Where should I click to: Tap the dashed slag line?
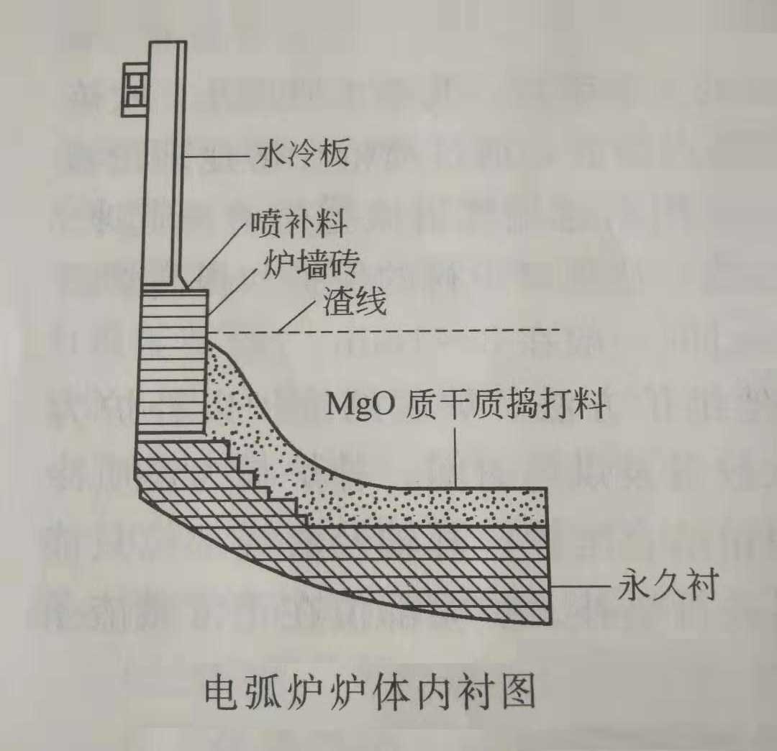[432, 331]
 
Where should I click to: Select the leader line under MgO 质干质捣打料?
[456, 453]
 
